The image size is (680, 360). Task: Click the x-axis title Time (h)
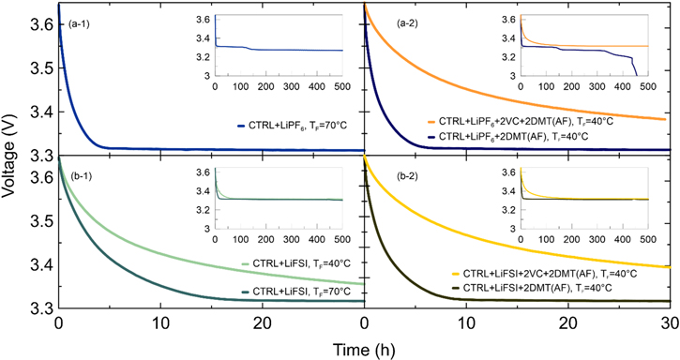point(363,349)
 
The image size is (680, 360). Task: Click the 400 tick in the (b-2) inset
point(627,238)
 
